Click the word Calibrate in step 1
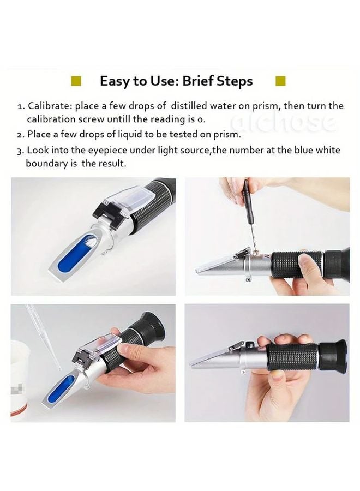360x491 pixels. (x=50, y=106)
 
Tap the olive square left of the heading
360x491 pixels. (x=76, y=82)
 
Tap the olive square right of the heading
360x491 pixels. (x=280, y=82)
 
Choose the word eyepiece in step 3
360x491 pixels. (x=109, y=150)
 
